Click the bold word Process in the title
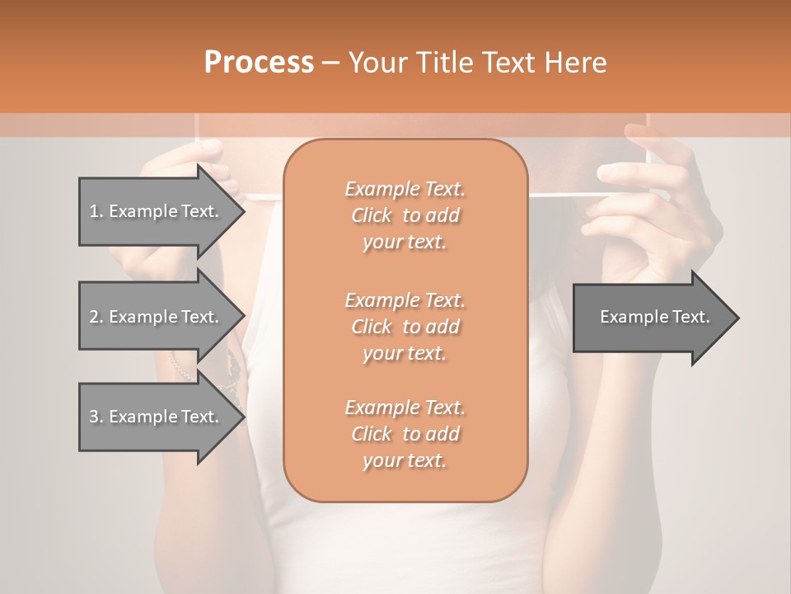(x=259, y=63)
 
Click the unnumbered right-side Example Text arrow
(x=654, y=317)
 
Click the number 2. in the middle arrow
(x=96, y=317)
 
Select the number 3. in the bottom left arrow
(x=96, y=417)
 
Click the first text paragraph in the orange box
(x=405, y=215)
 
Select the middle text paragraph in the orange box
(x=405, y=326)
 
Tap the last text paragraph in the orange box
(x=405, y=434)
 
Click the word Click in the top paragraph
(x=372, y=215)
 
